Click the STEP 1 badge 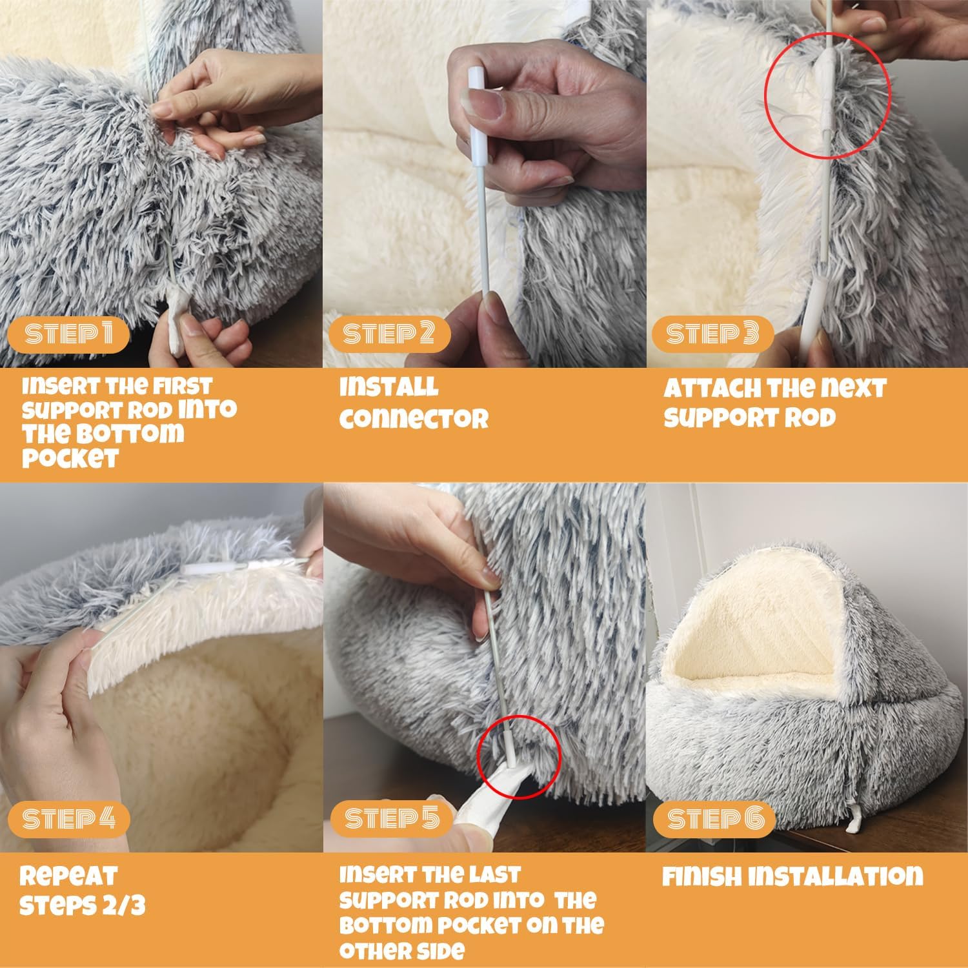68,334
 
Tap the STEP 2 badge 388,334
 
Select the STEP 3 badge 712,334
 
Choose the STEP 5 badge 391,819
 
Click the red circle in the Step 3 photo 827,95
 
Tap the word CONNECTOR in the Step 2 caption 414,419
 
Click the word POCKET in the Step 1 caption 70,459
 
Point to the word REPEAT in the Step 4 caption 68,876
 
